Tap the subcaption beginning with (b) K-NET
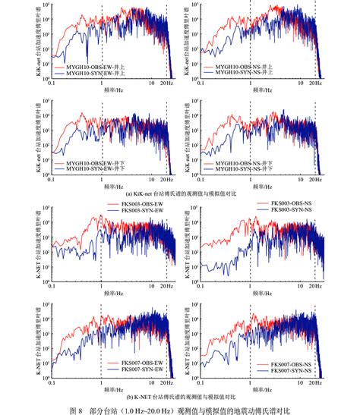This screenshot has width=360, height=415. point(181,397)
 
